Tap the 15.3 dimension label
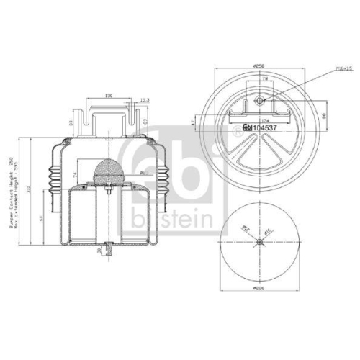click(x=144, y=100)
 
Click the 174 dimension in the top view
click(x=265, y=119)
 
